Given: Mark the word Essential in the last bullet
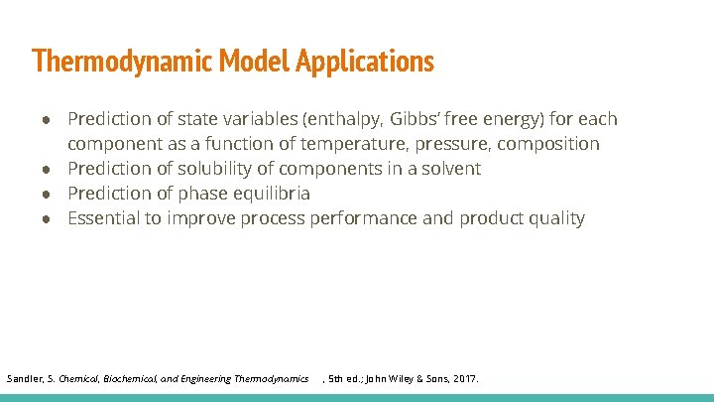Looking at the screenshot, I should [x=106, y=218].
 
